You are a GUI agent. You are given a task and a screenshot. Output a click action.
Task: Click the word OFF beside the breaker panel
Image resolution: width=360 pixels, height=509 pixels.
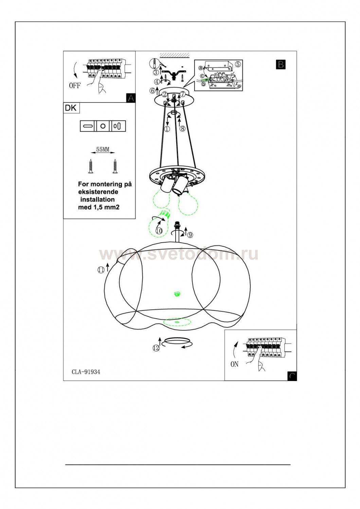pos(75,86)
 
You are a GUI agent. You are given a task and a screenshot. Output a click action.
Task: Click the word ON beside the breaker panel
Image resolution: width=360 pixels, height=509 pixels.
pos(234,364)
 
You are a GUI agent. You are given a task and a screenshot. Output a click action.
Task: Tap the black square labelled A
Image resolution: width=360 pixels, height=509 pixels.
pos(130,98)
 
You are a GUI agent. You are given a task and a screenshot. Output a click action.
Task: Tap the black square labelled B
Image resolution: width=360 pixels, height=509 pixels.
pos(281,64)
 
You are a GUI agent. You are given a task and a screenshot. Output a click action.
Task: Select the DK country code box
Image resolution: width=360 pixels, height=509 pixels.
pos(71,108)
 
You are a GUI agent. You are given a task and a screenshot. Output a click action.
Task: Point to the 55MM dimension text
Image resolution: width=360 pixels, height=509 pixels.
pos(103,149)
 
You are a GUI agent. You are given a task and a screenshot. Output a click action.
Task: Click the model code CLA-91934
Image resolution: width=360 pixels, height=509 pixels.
pos(86,372)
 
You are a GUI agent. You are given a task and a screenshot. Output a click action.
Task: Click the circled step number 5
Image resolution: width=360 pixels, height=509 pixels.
pos(237,64)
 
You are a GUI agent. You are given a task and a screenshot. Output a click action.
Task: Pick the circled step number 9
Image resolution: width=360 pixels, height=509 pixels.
pos(190,235)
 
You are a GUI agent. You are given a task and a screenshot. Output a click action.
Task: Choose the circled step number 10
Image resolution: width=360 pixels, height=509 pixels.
pos(159,230)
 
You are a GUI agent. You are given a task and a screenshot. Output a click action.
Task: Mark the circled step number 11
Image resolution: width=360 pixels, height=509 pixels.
pos(101,270)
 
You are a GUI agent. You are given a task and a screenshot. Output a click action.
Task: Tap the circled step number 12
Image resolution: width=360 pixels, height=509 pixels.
pos(156,348)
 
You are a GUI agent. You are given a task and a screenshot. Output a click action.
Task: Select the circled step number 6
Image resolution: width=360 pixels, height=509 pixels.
pos(152,91)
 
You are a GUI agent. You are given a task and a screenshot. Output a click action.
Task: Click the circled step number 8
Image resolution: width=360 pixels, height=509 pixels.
pos(182,129)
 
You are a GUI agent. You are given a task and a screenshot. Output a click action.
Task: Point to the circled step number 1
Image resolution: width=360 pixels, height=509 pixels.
pos(166,129)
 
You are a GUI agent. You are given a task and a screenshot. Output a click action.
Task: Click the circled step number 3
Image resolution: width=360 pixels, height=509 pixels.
pos(156,72)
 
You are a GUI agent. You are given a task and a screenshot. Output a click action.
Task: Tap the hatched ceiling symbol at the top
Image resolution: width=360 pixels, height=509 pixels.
pos(175,55)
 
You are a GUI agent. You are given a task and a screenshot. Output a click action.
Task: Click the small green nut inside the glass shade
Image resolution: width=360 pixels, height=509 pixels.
pos(176,294)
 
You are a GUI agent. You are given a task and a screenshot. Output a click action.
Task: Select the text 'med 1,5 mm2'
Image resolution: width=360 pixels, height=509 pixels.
pos(99,207)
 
